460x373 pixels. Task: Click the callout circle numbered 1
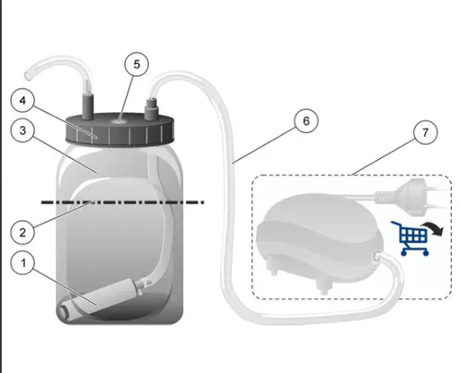[x=23, y=263]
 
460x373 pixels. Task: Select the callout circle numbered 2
[x=22, y=233]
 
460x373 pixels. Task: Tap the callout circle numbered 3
[x=22, y=130]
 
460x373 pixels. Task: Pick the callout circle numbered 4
[x=22, y=101]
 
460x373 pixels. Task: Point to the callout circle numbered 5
[x=137, y=65]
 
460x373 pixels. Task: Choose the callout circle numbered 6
[x=306, y=120]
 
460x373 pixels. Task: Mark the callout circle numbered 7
[x=425, y=132]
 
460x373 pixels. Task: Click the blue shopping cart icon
[x=410, y=238]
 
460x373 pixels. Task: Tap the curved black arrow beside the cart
[x=432, y=228]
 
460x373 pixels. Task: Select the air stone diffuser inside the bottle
[x=101, y=296]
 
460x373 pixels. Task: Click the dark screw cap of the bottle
[x=119, y=129]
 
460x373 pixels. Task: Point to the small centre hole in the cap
[x=119, y=121]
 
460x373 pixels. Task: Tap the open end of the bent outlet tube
[x=28, y=75]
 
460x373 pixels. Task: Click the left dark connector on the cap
[x=88, y=107]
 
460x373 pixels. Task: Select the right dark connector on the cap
[x=151, y=109]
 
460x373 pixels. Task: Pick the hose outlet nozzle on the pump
[x=377, y=256]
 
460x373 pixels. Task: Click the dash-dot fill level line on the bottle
[x=122, y=202]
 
